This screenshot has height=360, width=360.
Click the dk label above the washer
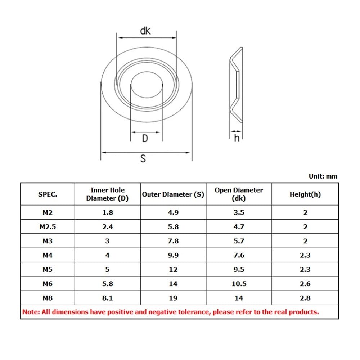(x=145, y=31)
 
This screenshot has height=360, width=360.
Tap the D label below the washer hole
(x=145, y=139)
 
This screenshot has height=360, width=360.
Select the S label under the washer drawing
(x=143, y=158)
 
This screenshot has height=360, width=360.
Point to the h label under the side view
(x=237, y=138)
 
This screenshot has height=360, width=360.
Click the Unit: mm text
(x=323, y=176)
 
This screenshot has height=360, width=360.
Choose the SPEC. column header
(x=48, y=194)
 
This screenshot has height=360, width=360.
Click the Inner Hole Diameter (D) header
(x=107, y=194)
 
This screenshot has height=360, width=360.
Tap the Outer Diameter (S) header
(x=173, y=194)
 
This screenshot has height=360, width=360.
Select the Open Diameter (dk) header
(x=239, y=194)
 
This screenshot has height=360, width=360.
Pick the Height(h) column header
(x=305, y=194)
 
